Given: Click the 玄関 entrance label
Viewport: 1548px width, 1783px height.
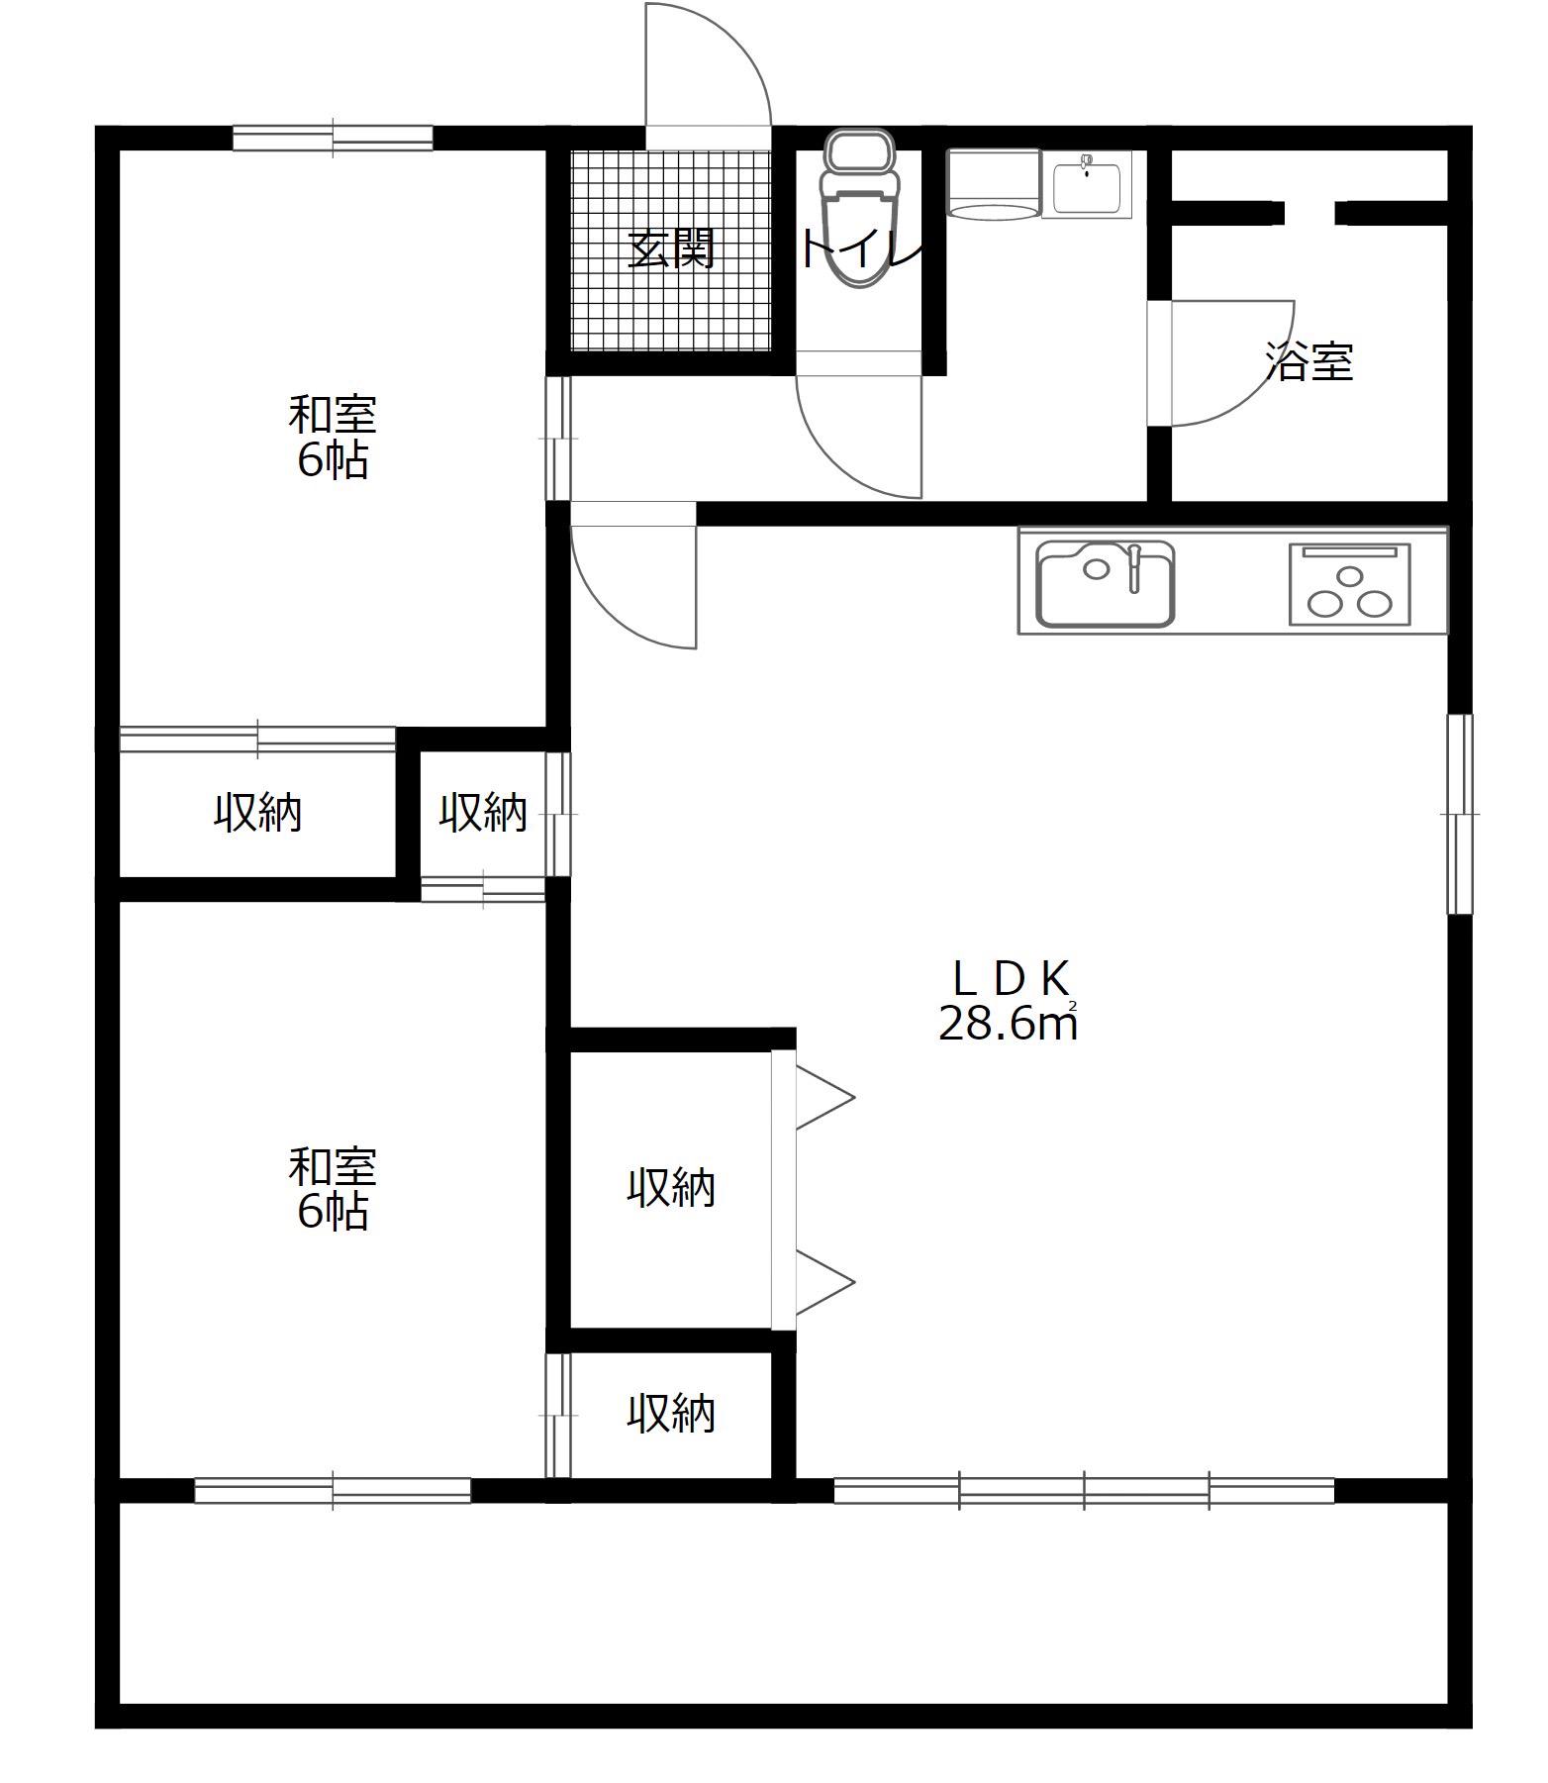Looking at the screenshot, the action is coord(671,249).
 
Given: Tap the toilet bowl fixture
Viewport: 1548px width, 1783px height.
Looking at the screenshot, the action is coord(861,209).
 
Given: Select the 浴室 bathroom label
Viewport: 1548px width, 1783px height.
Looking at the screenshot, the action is coord(1309,362).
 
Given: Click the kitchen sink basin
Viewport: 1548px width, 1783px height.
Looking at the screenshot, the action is coord(1106,584).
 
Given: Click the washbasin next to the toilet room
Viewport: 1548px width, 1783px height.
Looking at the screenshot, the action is coord(1087,184).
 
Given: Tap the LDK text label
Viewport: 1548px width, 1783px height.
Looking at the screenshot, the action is coord(1010,979).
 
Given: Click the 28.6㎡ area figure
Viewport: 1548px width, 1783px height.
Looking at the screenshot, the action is coord(1008,1024).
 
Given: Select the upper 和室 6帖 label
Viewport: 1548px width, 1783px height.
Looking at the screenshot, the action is coord(333,438).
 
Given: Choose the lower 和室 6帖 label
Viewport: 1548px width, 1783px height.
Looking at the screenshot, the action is coord(333,1189).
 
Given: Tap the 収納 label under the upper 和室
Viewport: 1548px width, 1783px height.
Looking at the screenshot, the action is coord(258,814).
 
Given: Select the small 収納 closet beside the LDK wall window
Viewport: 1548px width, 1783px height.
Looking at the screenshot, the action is coord(483,814).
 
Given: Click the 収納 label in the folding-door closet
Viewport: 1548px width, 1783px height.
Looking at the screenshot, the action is coord(671,1188).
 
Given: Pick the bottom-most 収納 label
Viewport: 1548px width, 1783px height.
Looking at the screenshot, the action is coord(671,1414).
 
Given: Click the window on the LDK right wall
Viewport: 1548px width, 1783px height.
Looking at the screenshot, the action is coord(1460,814).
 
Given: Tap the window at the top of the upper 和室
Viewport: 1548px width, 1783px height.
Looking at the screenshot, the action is coord(333,138).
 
